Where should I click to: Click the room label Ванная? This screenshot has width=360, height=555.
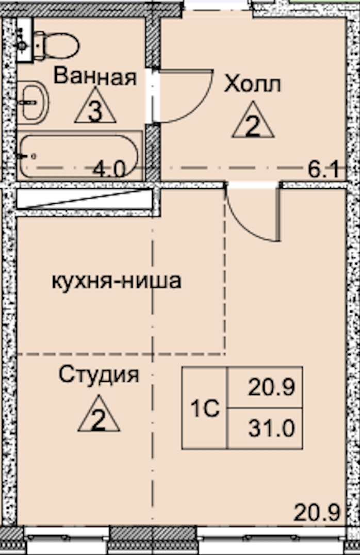tap(95, 77)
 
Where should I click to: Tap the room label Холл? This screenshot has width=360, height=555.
tap(252, 84)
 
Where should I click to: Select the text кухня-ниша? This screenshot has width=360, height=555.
tap(116, 281)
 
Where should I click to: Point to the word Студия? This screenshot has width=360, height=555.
tap(99, 374)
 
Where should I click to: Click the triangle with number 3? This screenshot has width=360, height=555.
tap(95, 107)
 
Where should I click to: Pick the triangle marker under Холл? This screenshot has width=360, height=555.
tap(252, 122)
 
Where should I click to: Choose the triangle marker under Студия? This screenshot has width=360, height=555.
tap(99, 415)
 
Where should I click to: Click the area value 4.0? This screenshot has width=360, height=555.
tap(110, 169)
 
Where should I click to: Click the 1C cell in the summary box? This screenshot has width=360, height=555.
tap(205, 409)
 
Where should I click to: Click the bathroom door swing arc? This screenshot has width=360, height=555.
tap(186, 98)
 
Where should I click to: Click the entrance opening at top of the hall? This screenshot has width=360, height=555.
tap(217, 5)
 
